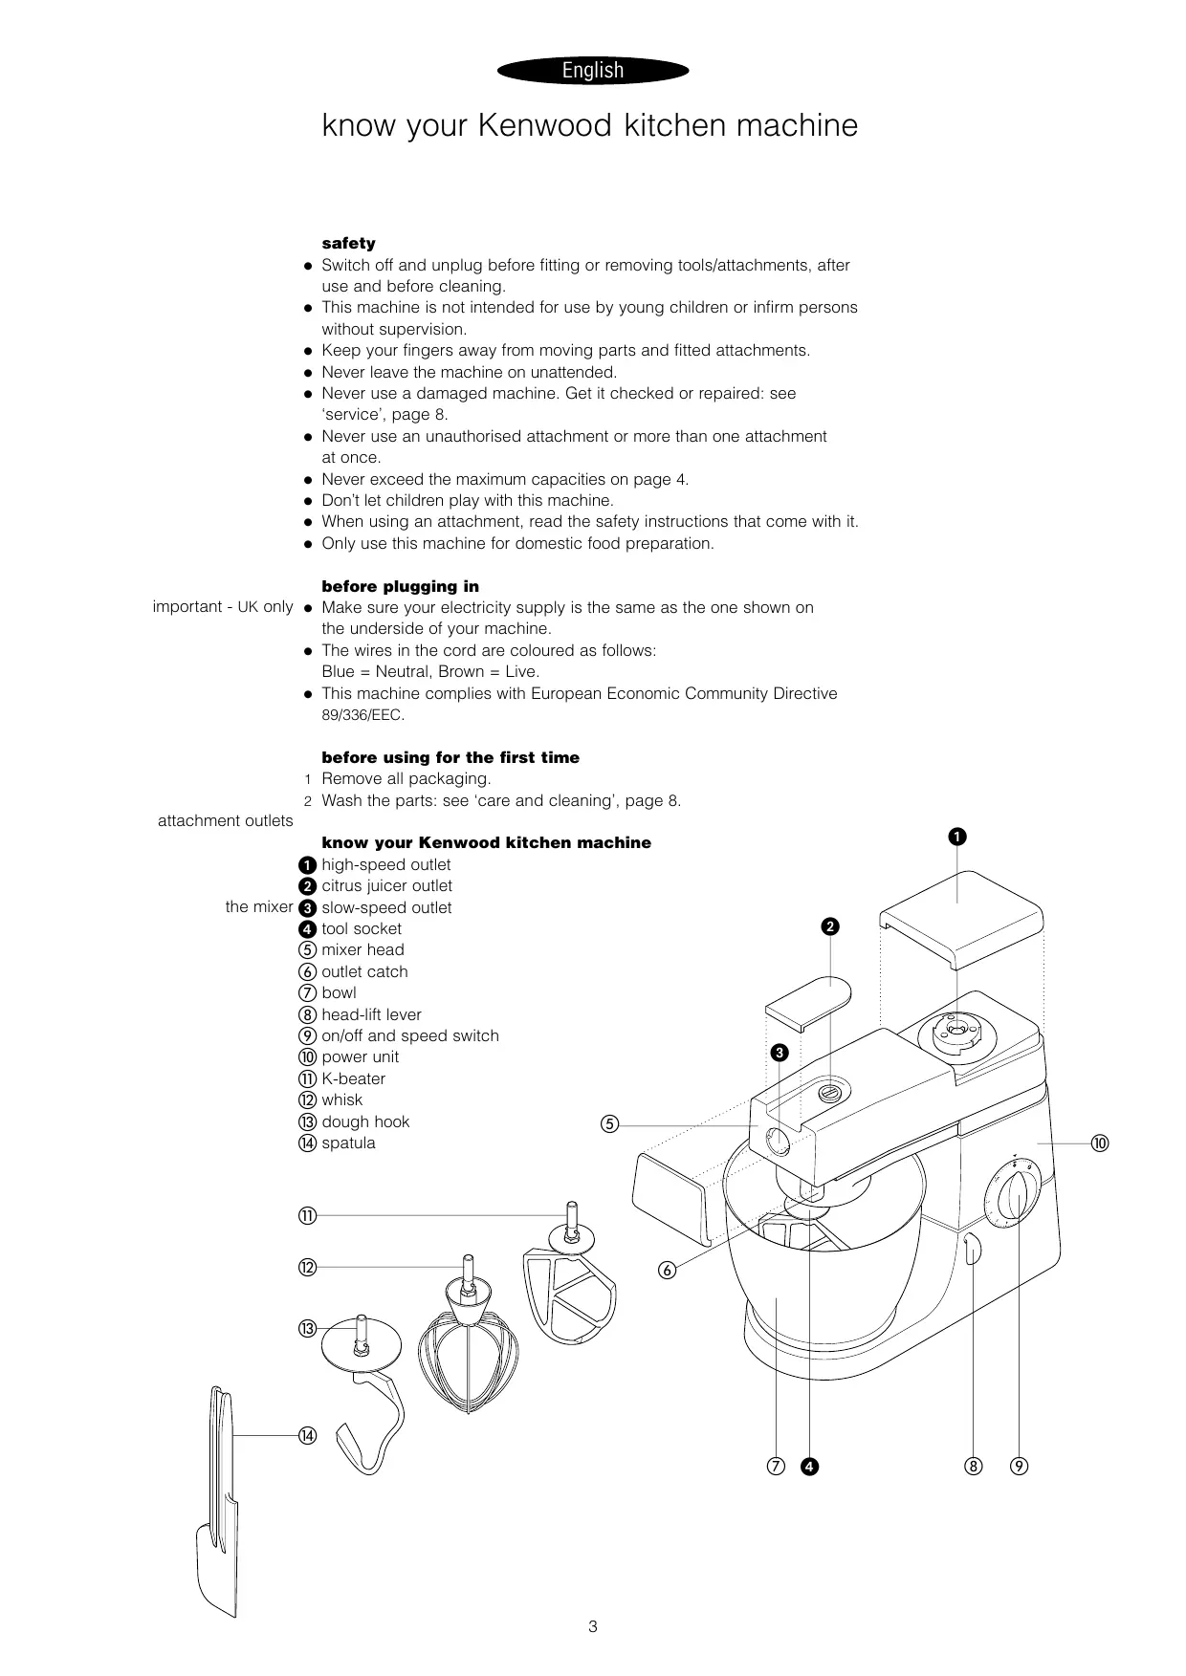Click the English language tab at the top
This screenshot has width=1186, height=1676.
593,71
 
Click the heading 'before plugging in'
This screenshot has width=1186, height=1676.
400,586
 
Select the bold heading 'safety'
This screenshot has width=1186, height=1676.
348,243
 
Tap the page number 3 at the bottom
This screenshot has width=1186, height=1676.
593,1626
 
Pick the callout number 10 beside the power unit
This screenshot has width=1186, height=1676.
1100,1143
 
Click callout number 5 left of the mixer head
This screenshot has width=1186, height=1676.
609,1124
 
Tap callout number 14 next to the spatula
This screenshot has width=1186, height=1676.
307,1435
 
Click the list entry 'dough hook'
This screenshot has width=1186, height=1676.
365,1121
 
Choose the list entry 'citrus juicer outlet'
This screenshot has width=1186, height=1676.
386,886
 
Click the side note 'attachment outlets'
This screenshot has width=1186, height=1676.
226,820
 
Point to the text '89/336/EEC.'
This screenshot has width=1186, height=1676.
362,715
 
